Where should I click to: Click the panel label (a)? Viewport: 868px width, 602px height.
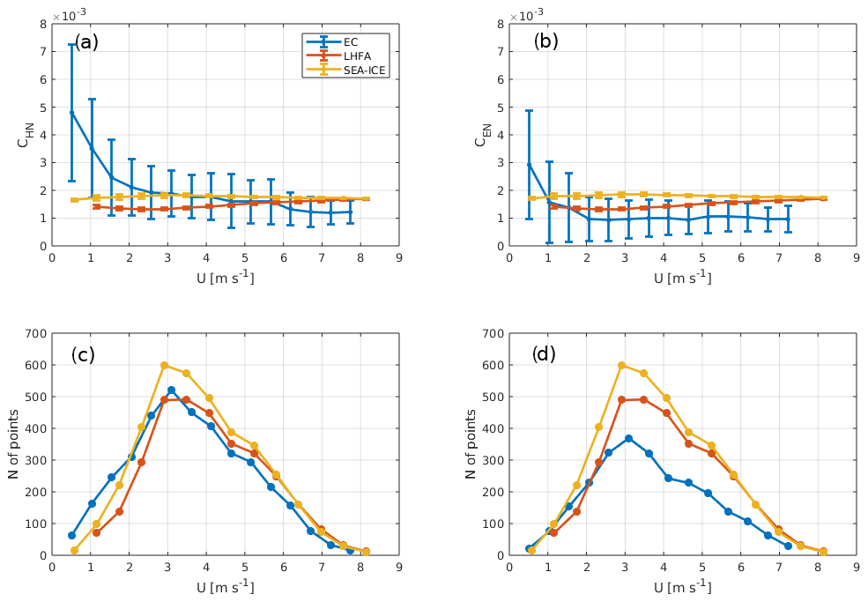click(x=86, y=41)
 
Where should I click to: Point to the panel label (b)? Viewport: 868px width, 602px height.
click(x=545, y=41)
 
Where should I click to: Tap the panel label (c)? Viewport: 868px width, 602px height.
click(x=84, y=355)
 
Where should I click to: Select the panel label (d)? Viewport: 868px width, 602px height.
click(x=545, y=355)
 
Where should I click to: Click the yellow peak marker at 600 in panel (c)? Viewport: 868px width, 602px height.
click(x=164, y=365)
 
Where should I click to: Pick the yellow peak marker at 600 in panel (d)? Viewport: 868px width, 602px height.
click(x=622, y=365)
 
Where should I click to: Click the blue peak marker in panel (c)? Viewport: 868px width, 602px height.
click(x=171, y=390)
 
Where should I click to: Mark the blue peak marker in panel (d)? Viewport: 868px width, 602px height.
click(x=628, y=438)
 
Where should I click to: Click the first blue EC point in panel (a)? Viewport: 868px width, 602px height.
click(x=71, y=112)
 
